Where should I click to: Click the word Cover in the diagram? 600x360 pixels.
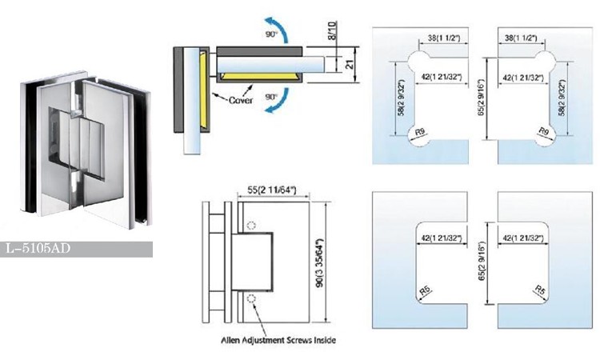[x=242, y=101]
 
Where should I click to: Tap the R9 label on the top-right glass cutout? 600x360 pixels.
[x=543, y=130]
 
